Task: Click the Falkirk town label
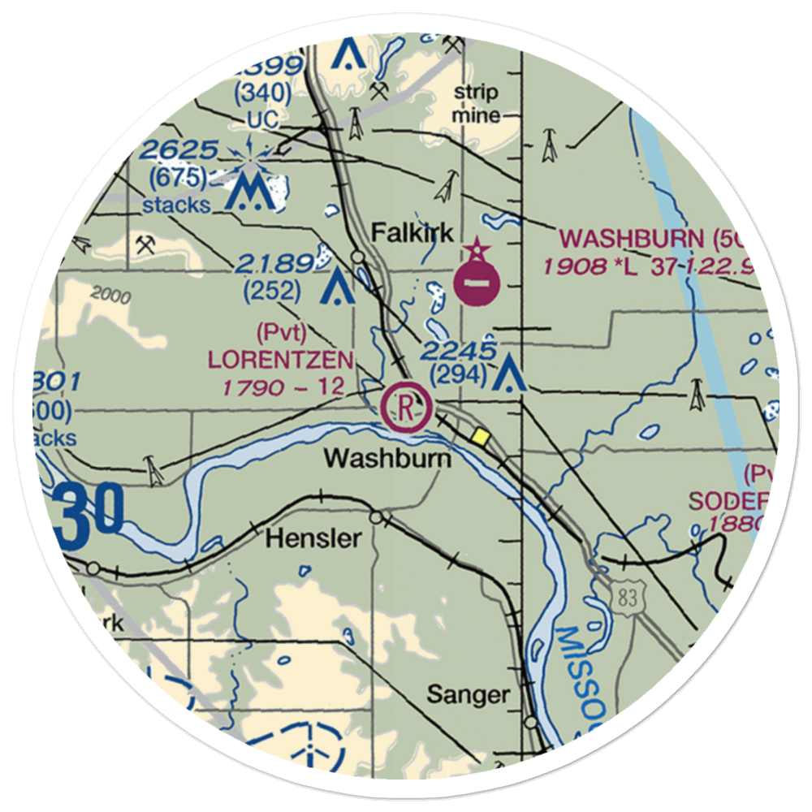412,233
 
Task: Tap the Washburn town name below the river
387,459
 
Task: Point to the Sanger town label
469,694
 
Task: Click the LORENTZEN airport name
281,359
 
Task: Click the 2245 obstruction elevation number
458,351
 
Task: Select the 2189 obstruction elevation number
274,263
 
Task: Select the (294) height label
458,374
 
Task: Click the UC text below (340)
262,119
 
